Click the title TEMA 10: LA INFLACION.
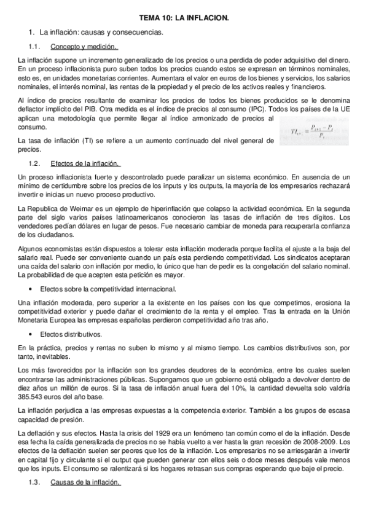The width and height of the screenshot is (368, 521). click(x=184, y=19)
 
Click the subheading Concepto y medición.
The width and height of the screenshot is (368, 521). click(x=84, y=47)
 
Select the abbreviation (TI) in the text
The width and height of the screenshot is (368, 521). click(x=85, y=141)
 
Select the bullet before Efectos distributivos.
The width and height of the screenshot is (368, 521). click(x=30, y=334)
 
